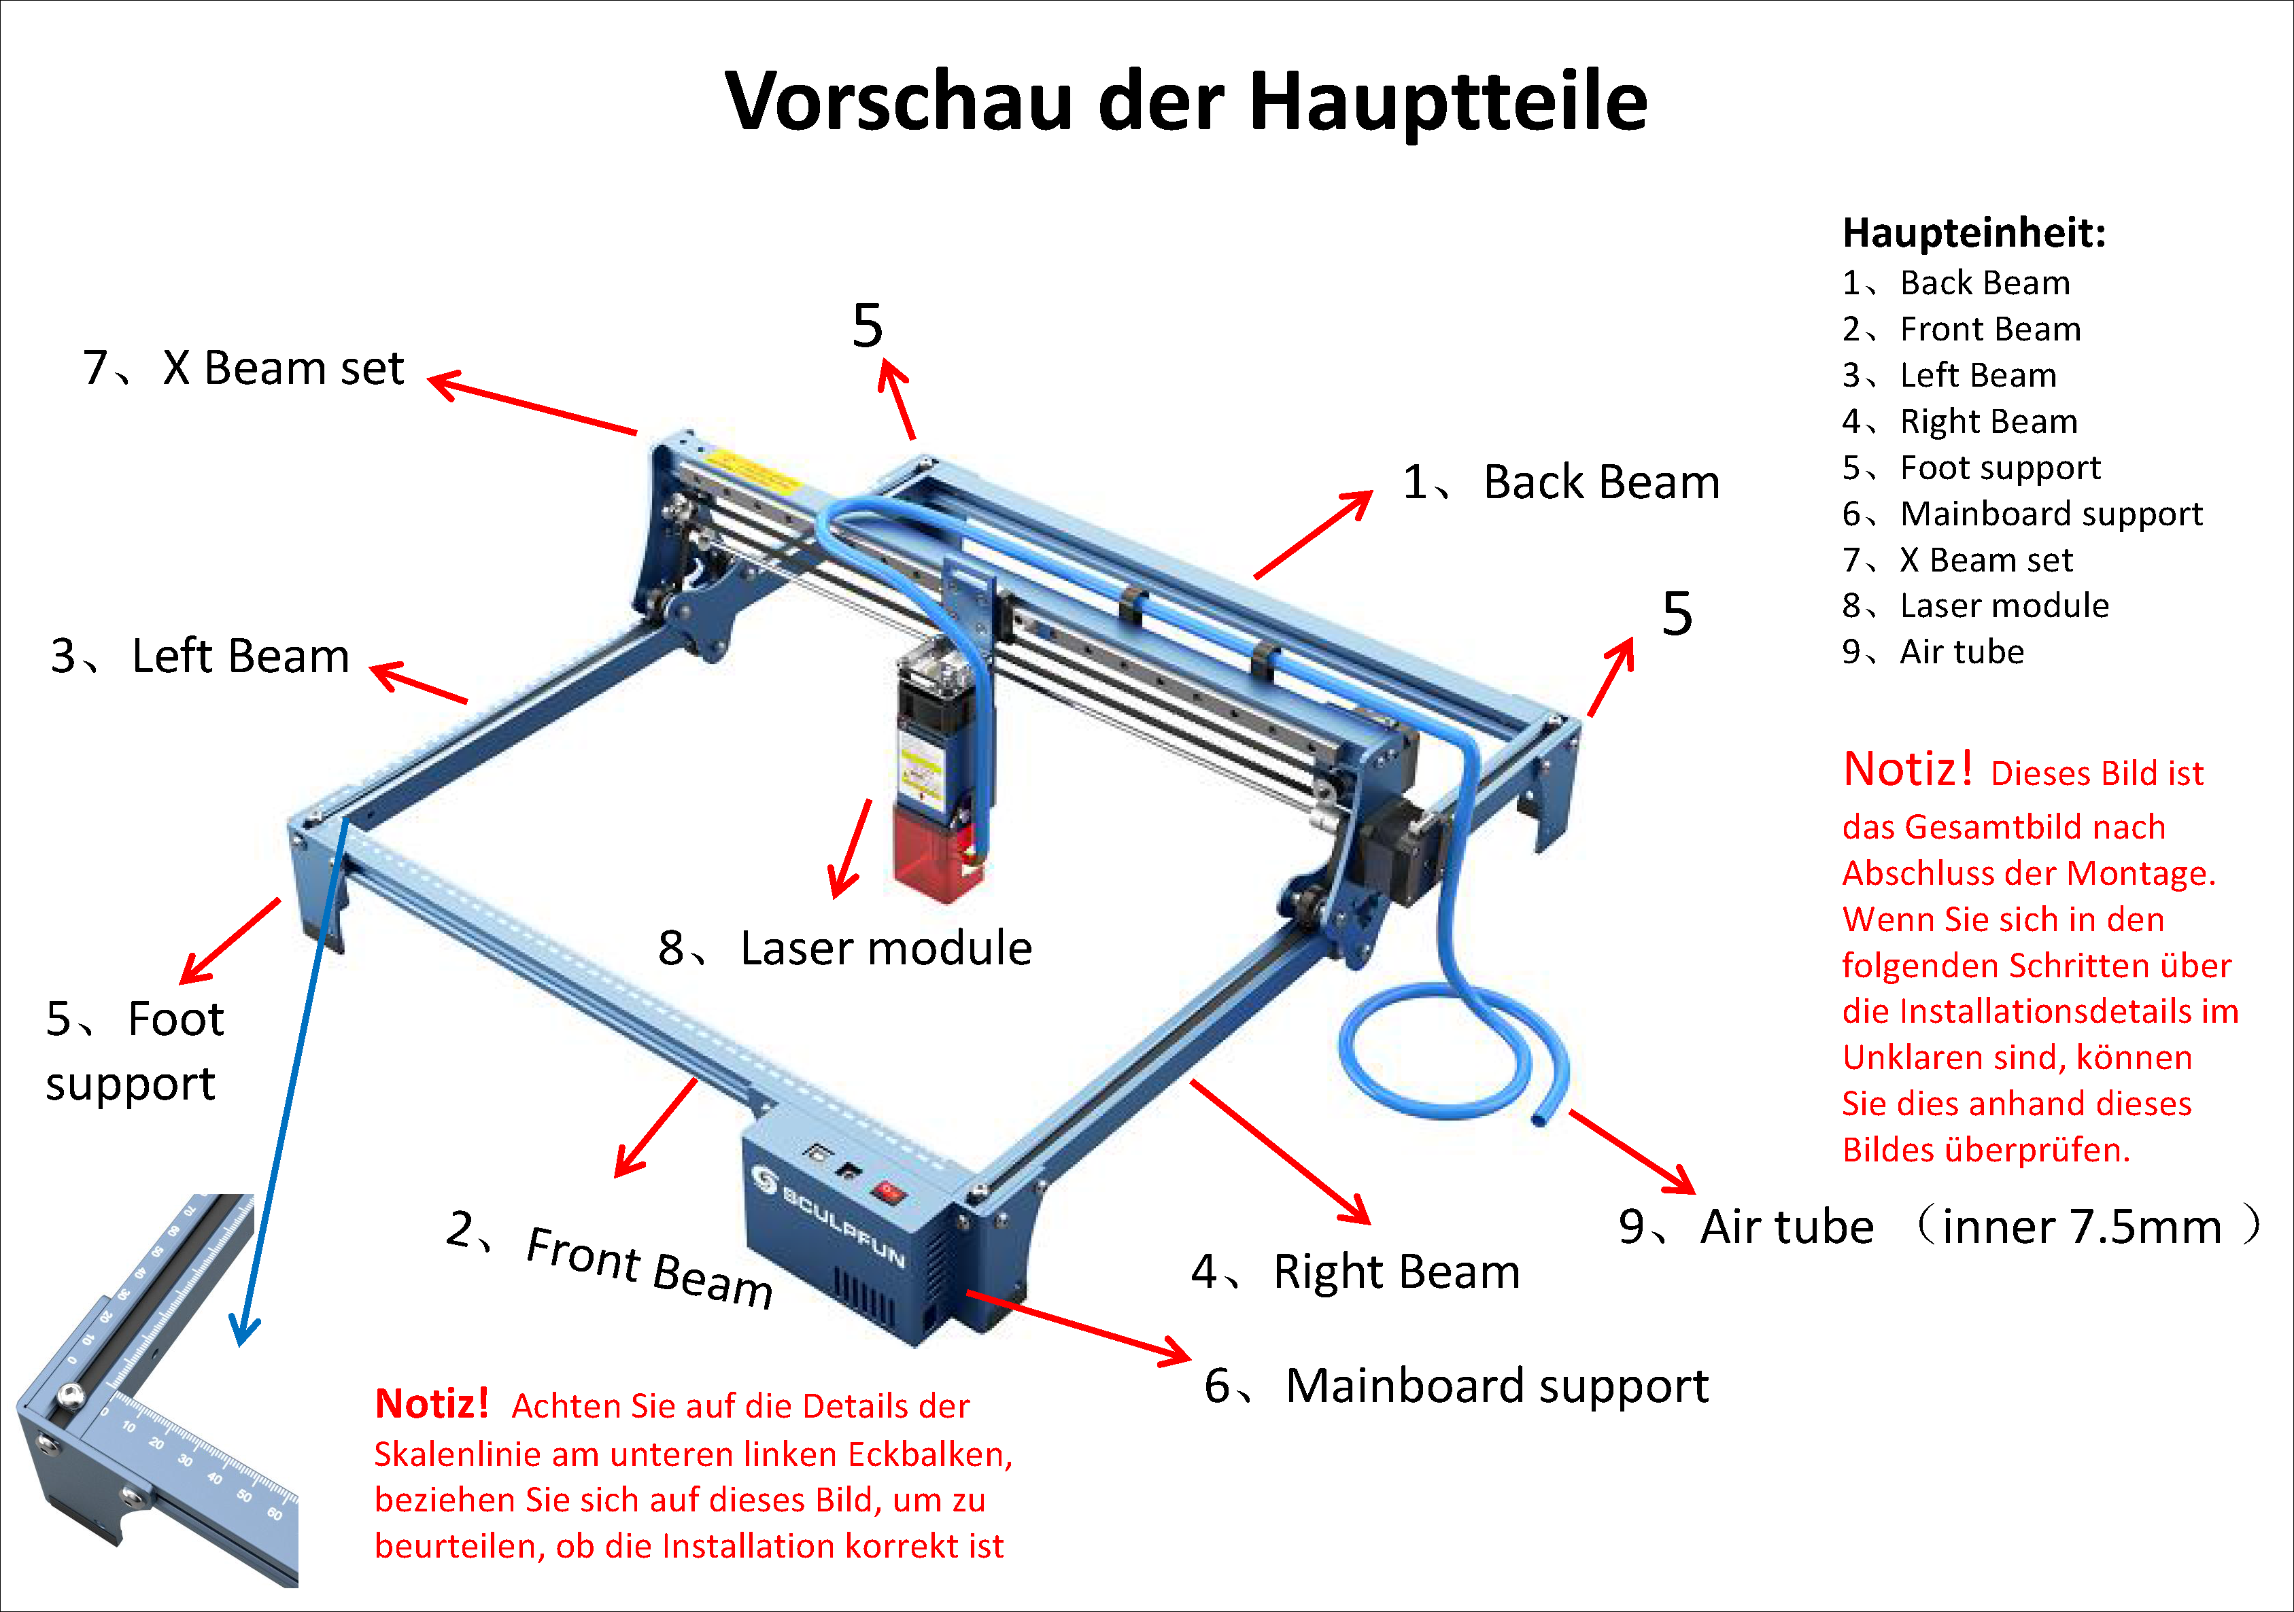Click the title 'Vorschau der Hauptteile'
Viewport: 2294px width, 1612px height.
[1185, 102]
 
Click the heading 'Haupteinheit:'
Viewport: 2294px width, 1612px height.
[1973, 232]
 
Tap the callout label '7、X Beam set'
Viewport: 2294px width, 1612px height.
[243, 368]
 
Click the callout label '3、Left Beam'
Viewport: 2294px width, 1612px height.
[200, 656]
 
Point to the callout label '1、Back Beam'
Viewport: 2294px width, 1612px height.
[1560, 483]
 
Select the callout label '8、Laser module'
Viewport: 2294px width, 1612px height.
[844, 948]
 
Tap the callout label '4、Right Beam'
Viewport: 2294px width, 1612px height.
[1355, 1272]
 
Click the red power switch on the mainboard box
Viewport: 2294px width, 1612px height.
[887, 1191]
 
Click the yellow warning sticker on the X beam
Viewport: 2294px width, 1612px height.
[754, 472]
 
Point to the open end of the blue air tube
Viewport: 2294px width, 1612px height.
[1539, 1119]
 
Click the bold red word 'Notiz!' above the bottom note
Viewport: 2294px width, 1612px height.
[432, 1403]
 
